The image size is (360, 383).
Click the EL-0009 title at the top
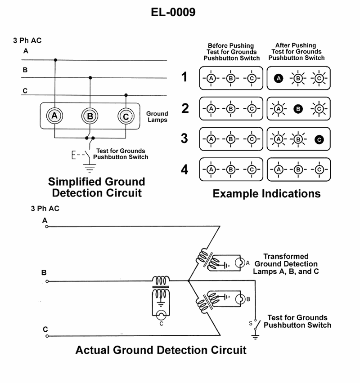point(173,12)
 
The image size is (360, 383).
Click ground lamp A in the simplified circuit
point(55,116)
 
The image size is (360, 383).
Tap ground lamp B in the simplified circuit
point(90,117)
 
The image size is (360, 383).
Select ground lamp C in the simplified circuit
point(126,117)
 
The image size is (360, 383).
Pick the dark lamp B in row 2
point(298,108)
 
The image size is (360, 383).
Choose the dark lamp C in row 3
point(319,140)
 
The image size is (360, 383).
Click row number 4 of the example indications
point(184,170)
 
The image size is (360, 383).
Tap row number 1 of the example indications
point(184,77)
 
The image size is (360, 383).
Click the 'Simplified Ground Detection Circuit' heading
point(96,187)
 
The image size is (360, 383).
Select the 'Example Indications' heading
point(266,193)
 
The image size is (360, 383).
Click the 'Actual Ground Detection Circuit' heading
point(161,350)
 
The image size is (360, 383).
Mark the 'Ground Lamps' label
point(157,117)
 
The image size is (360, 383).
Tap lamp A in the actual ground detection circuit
point(240,263)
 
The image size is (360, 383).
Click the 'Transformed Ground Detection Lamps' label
point(286,264)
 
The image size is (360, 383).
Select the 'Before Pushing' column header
point(231,52)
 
